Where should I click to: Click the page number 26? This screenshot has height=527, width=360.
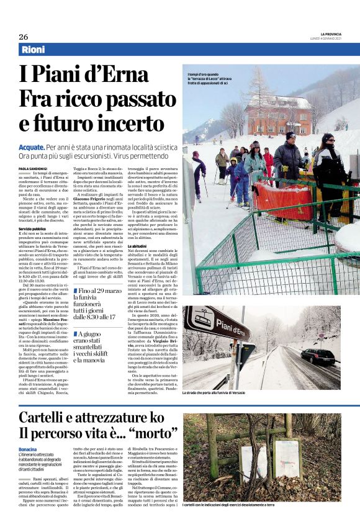(24, 37)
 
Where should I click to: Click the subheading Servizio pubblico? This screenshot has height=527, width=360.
(32, 229)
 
